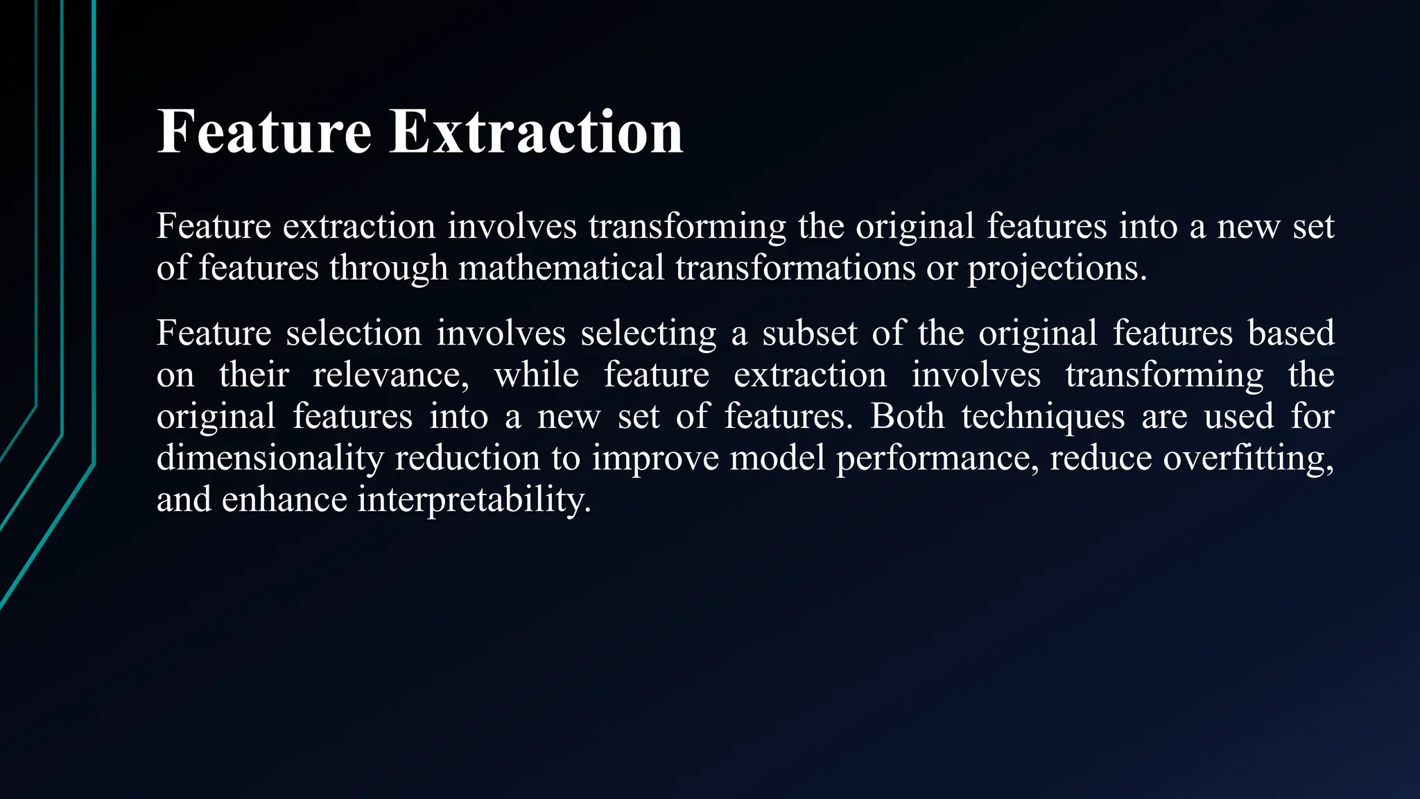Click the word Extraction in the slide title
(536, 132)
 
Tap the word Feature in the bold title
(264, 132)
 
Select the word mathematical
(561, 268)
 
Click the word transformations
(795, 268)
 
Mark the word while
(536, 375)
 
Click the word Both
(907, 416)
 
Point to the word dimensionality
(270, 458)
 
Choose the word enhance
(284, 499)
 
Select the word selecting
(648, 334)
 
